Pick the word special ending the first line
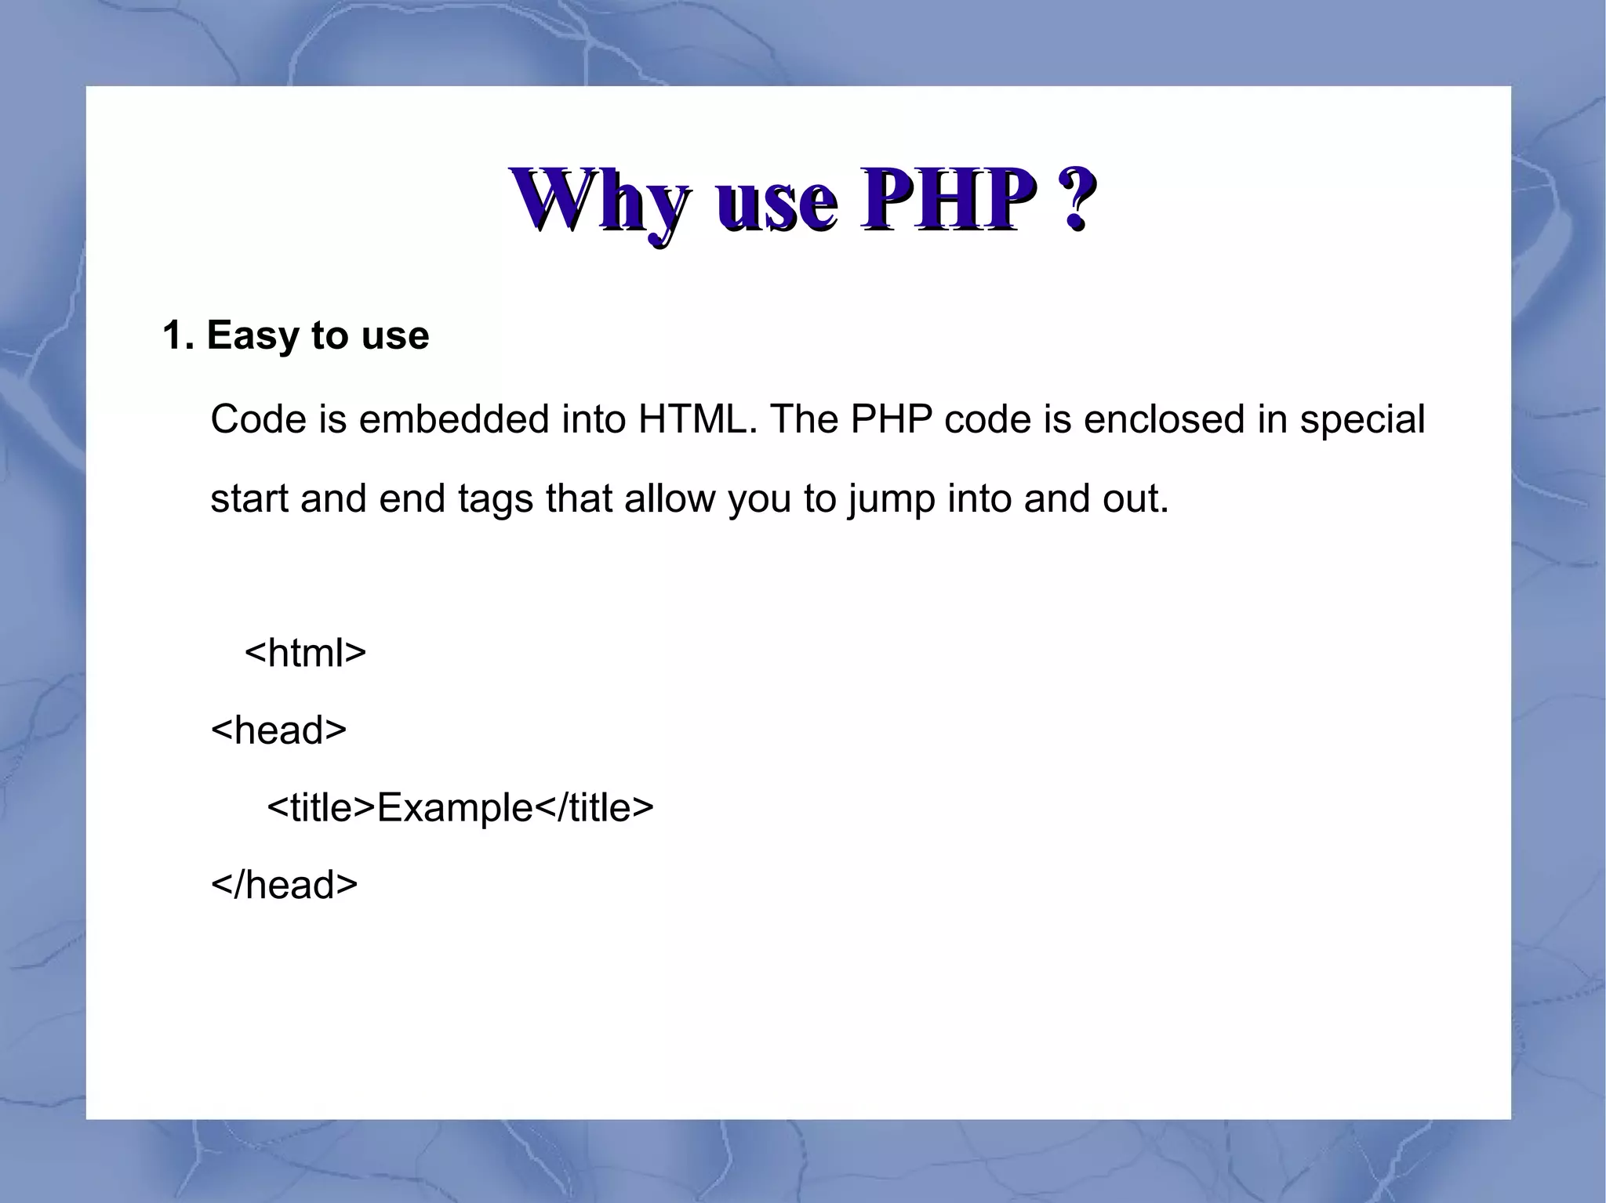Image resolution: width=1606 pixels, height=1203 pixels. [1362, 421]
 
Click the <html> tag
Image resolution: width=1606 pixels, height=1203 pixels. [305, 652]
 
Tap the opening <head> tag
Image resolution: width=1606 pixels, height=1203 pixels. [278, 730]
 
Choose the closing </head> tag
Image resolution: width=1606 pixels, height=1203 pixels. [284, 885]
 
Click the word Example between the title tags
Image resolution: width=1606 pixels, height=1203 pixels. [455, 808]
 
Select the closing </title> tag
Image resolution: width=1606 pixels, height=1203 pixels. [594, 807]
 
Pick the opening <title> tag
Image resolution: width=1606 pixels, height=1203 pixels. [322, 807]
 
